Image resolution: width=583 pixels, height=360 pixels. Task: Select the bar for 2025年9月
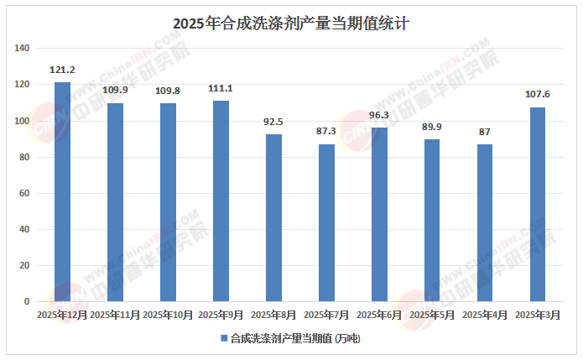(221, 201)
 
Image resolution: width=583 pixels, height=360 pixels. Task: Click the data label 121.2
(62, 70)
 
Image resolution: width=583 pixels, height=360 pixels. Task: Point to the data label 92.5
(273, 122)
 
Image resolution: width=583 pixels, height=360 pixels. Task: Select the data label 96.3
(379, 115)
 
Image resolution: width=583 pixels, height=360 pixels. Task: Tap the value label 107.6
(538, 94)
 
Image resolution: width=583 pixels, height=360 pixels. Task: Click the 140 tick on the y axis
(23, 49)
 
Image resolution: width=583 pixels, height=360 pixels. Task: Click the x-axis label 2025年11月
(115, 315)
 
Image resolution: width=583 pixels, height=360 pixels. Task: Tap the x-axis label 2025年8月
(273, 315)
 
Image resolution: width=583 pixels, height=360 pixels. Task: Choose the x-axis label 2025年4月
(485, 315)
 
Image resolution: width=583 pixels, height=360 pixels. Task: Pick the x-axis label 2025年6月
(379, 315)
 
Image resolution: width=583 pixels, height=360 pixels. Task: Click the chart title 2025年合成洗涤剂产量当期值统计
(290, 23)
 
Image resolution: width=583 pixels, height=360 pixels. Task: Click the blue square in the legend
(223, 338)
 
